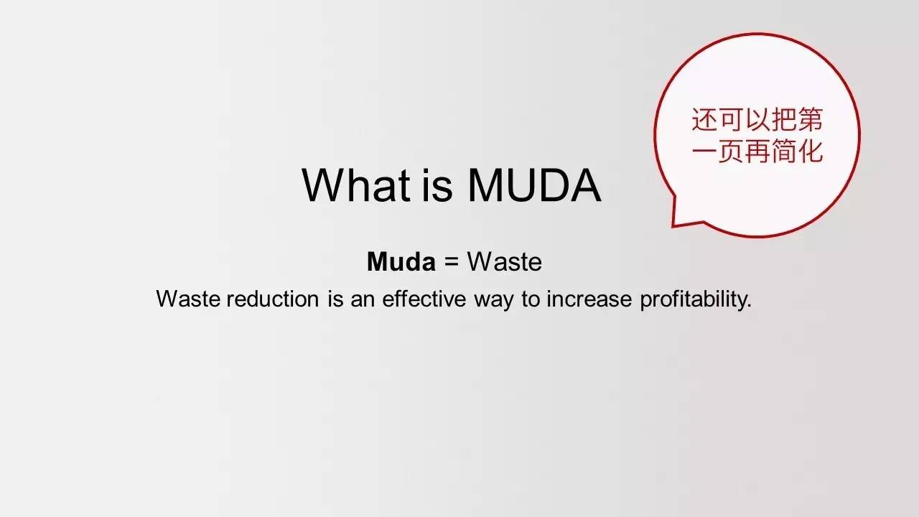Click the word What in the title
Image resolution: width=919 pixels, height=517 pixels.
(x=355, y=185)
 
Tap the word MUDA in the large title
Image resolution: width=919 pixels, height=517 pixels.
(x=534, y=185)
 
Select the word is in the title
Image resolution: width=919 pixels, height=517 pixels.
(x=437, y=185)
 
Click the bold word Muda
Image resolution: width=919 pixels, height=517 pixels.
(x=401, y=261)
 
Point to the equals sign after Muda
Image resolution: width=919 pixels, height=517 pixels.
(x=452, y=262)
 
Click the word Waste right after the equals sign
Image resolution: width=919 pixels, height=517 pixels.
(x=505, y=261)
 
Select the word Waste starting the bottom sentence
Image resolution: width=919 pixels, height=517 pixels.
(x=188, y=298)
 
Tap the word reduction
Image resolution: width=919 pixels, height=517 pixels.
(x=273, y=298)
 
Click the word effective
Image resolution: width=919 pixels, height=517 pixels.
(x=424, y=298)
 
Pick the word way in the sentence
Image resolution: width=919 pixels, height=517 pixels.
(x=493, y=301)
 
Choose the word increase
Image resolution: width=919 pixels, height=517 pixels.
(x=589, y=298)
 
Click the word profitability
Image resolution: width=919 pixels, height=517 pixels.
(x=696, y=299)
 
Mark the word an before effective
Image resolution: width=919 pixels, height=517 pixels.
(x=363, y=301)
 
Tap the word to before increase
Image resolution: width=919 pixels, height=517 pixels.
(x=531, y=299)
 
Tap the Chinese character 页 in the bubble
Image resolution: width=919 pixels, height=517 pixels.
(x=732, y=152)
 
